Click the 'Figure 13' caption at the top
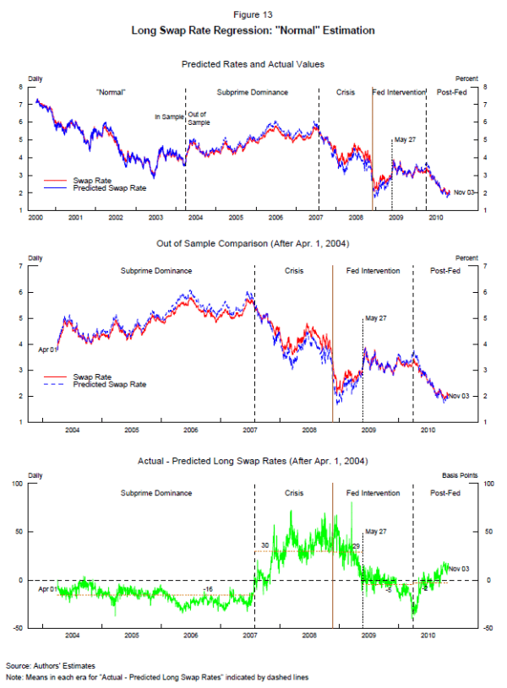[253, 14]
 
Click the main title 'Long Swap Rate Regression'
[253, 30]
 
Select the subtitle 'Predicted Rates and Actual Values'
[253, 63]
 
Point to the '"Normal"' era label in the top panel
[111, 91]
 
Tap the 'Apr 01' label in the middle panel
[47, 348]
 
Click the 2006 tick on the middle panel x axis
[191, 430]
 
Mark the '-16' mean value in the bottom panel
[207, 588]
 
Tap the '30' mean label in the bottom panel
[264, 545]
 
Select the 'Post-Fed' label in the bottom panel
[444, 493]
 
